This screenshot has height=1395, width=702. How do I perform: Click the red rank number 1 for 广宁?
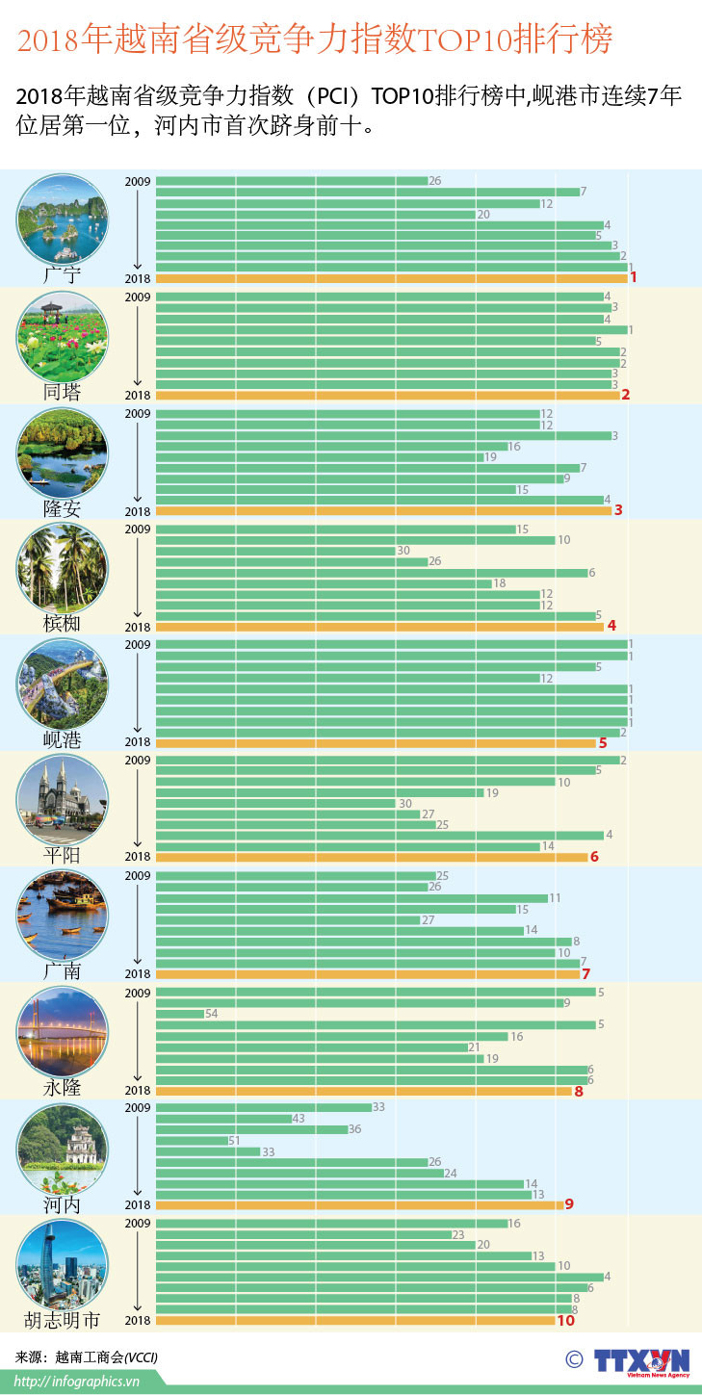(634, 278)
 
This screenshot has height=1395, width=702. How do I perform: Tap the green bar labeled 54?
(180, 1014)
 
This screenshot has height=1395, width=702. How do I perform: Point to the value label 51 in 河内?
(234, 1141)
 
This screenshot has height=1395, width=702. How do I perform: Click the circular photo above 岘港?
(63, 684)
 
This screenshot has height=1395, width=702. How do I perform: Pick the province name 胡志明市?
(63, 1320)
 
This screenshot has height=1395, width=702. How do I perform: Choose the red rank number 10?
(565, 1321)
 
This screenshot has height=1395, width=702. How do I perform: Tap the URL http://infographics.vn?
(78, 1382)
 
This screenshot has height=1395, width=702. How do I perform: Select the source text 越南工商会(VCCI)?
(105, 1357)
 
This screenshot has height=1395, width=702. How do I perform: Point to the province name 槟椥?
(63, 624)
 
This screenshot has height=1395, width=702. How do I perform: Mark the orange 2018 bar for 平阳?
(371, 857)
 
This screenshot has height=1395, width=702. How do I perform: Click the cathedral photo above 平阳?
(63, 799)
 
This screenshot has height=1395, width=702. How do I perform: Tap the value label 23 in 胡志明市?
(458, 1234)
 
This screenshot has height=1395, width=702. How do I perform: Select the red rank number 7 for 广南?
(585, 973)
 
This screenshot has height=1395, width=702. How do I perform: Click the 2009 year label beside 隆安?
(138, 413)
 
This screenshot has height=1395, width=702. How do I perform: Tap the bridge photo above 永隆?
(63, 1031)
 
